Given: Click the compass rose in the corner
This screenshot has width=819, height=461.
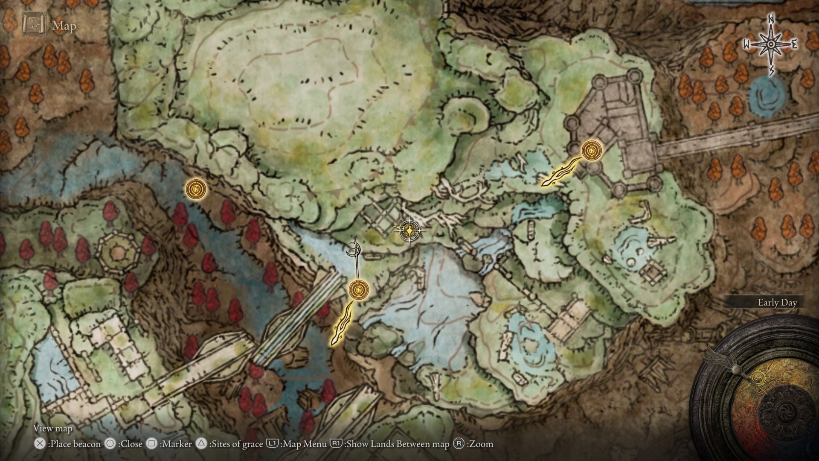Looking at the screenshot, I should (771, 44).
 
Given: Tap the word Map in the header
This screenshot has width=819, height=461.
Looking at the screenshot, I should (64, 26).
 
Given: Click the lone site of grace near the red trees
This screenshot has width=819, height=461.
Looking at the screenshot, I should (196, 188).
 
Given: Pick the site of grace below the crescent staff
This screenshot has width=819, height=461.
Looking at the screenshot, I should (359, 290).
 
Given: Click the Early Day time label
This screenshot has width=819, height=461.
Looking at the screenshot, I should (777, 303).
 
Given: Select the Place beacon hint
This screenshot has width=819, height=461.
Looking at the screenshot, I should (69, 444).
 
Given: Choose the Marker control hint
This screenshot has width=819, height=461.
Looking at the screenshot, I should (169, 444).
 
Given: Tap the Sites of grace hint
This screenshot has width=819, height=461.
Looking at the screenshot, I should (230, 444).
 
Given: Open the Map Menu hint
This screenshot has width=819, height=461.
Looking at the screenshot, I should (297, 444).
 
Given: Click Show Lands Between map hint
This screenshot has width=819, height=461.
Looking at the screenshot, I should (390, 444).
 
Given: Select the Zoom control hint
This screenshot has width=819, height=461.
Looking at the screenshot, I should (473, 444).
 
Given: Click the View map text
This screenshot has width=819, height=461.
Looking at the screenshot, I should (53, 428).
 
